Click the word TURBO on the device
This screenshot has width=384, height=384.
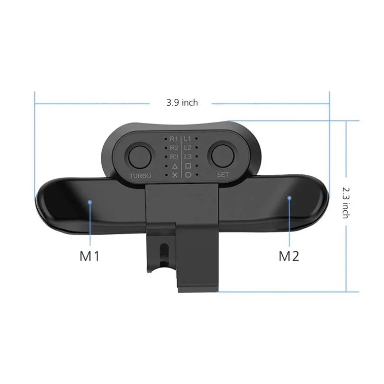pos(140,176)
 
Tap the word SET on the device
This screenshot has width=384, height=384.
pos(223,174)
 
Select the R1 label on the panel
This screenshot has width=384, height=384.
pos(174,139)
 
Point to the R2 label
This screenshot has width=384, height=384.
pos(174,148)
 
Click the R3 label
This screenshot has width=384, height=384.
pos(174,157)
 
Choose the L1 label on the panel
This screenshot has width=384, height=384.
pos(188,139)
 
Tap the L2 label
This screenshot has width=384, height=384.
pos(188,148)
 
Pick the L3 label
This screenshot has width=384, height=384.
pos(188,157)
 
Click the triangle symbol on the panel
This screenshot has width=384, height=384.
pos(174,166)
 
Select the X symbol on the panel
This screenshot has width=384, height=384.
pos(174,175)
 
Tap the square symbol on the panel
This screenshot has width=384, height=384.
pos(188,166)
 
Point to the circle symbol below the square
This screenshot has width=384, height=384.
pos(188,175)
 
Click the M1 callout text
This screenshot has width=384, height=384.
pos(89,257)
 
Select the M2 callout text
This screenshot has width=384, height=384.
pos(289,257)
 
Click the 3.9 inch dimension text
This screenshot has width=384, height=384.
pos(182,102)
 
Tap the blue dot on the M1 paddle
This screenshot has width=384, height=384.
pos(90,202)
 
